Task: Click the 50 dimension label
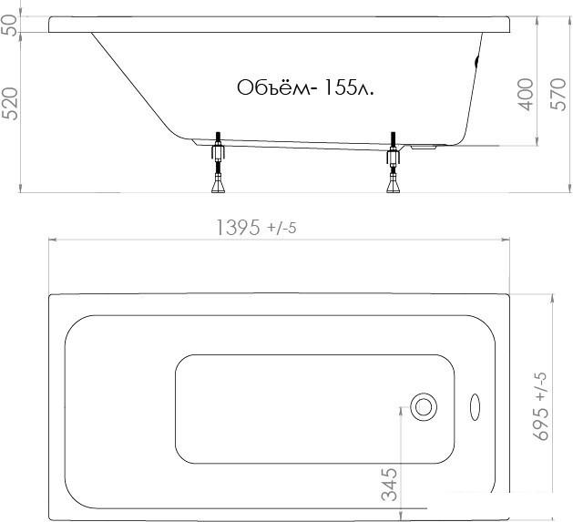click(10, 25)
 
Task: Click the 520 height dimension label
click(10, 104)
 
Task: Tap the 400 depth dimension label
click(527, 95)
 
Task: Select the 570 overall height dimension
click(558, 94)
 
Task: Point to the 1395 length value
click(239, 228)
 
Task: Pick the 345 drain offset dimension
click(389, 484)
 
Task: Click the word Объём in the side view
click(273, 87)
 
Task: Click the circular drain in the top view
click(424, 407)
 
